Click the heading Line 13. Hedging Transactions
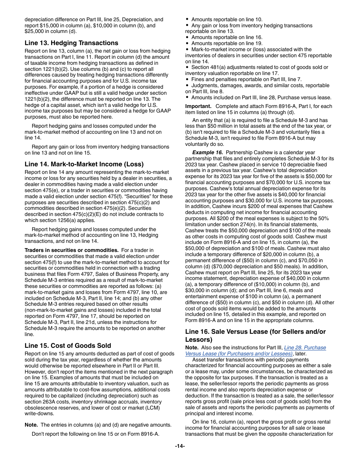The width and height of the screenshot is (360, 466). (x=71, y=43)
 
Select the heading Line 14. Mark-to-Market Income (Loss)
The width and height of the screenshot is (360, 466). (x=84, y=164)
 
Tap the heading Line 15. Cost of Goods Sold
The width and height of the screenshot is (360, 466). (x=68, y=345)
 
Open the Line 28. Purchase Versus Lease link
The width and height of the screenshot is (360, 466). (x=305, y=347)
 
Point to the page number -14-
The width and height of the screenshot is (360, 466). (x=180, y=446)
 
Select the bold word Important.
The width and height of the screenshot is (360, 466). (x=198, y=106)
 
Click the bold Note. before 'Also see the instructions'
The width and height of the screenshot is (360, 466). (x=192, y=347)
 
